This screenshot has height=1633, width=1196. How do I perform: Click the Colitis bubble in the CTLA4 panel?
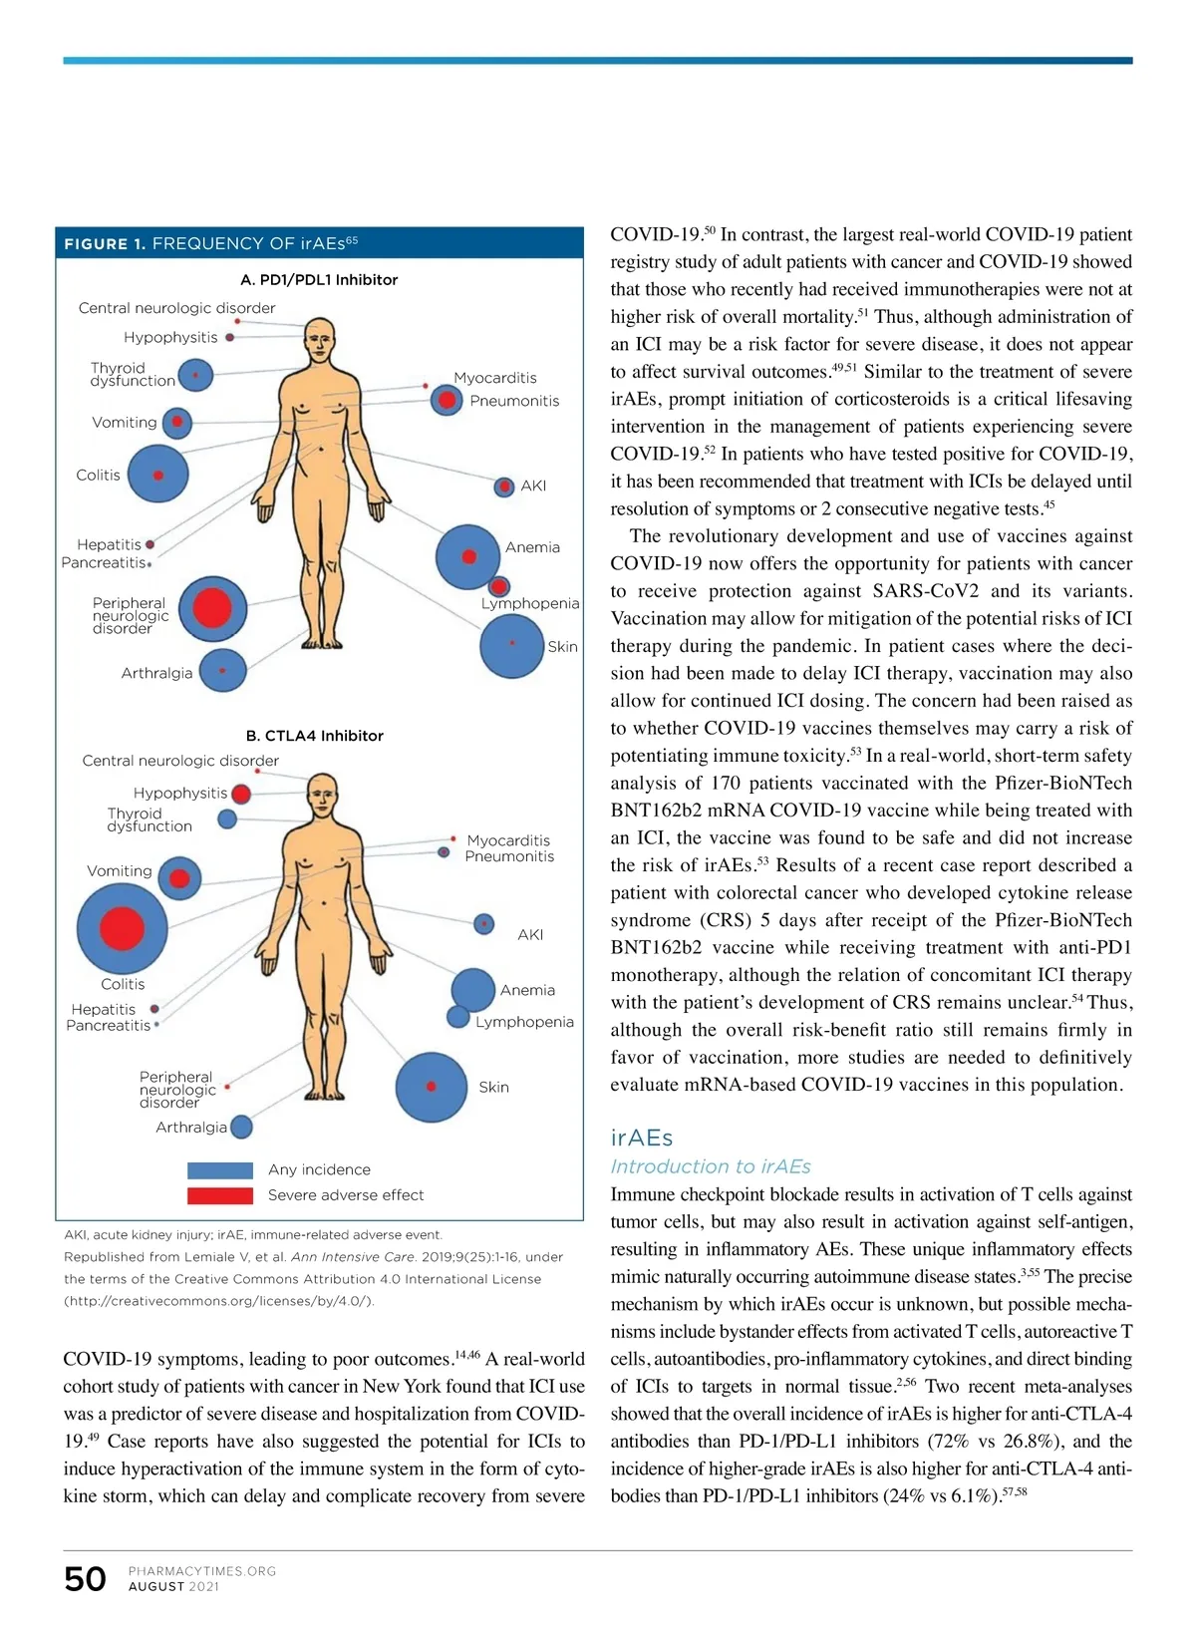[123, 927]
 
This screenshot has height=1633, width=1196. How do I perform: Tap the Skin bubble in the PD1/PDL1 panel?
[511, 645]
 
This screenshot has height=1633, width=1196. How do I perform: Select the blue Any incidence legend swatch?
[220, 1169]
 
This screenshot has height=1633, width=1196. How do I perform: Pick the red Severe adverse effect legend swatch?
[220, 1195]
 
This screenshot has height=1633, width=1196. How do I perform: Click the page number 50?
[85, 1579]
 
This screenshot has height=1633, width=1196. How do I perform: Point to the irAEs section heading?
[641, 1138]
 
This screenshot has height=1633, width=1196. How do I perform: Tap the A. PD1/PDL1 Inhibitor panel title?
[319, 280]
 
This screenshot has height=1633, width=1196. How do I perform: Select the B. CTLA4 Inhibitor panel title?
[315, 736]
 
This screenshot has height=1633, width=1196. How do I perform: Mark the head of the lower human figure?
[322, 795]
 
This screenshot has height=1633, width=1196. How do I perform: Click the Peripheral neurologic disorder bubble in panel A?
[212, 608]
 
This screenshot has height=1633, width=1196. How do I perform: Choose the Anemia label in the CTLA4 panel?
[527, 990]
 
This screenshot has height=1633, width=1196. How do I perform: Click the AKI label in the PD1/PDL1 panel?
[533, 486]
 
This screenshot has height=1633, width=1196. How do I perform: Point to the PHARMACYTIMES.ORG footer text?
[202, 1571]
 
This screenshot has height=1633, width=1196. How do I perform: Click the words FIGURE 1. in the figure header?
[105, 244]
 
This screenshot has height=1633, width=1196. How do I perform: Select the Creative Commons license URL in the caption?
[219, 1301]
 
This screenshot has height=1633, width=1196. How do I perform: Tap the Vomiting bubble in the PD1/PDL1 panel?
[176, 423]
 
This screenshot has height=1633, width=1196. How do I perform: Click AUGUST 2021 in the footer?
[173, 1587]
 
